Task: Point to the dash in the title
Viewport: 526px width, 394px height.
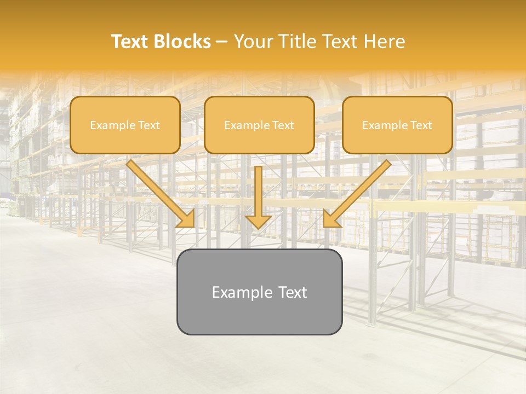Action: click(x=222, y=42)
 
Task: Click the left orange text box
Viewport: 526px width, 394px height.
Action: click(x=125, y=125)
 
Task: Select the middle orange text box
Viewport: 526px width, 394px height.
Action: click(x=259, y=125)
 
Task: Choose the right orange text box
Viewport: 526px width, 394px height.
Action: click(x=397, y=125)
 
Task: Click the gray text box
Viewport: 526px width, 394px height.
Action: click(x=259, y=292)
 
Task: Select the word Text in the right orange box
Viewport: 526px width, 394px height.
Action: click(x=421, y=125)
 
